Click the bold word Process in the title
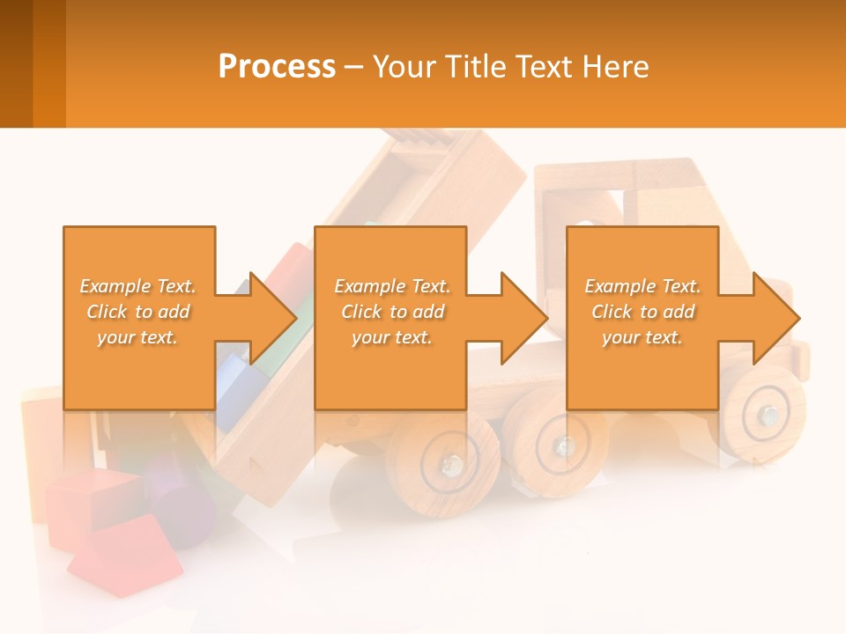(x=277, y=67)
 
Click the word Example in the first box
(x=116, y=286)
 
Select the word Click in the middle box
(x=361, y=312)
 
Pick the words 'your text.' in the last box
(x=642, y=337)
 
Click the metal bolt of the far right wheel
(x=769, y=414)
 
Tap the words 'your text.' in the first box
(x=137, y=337)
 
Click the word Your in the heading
(x=405, y=67)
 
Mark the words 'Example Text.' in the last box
(x=642, y=286)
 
